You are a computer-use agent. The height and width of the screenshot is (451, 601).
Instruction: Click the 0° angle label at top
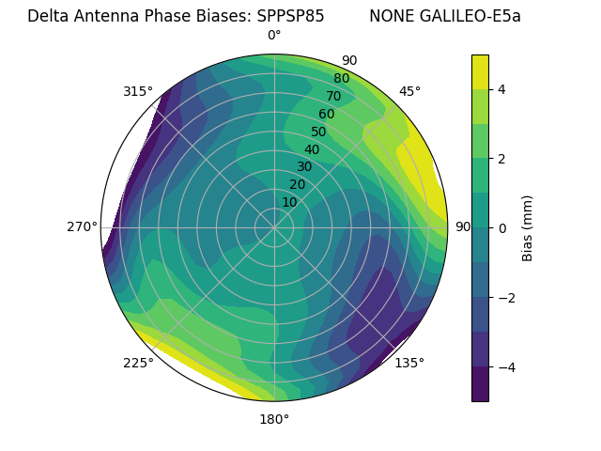274,36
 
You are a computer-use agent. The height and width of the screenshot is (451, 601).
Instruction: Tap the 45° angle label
409,91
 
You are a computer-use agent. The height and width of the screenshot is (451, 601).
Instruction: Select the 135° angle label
409,363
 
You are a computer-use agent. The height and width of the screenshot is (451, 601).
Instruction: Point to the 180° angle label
274,419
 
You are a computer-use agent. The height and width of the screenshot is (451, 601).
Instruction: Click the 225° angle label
138,363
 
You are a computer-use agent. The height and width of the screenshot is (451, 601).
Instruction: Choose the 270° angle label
82,226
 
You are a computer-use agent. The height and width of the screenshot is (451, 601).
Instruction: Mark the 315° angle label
138,91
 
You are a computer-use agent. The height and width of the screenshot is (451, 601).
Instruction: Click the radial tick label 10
289,202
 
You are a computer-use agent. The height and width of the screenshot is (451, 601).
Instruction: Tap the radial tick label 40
312,150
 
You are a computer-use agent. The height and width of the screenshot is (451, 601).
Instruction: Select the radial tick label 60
326,115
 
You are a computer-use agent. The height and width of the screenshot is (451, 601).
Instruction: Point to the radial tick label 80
341,79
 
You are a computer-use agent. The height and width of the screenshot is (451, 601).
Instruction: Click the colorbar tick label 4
502,89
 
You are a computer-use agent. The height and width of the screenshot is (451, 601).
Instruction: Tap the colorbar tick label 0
502,228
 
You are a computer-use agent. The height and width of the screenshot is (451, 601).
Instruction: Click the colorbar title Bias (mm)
528,228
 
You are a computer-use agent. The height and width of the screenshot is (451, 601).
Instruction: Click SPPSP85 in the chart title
290,16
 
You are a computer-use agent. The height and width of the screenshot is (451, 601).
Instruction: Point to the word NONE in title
389,16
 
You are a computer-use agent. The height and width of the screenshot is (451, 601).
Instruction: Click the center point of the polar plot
274,227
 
